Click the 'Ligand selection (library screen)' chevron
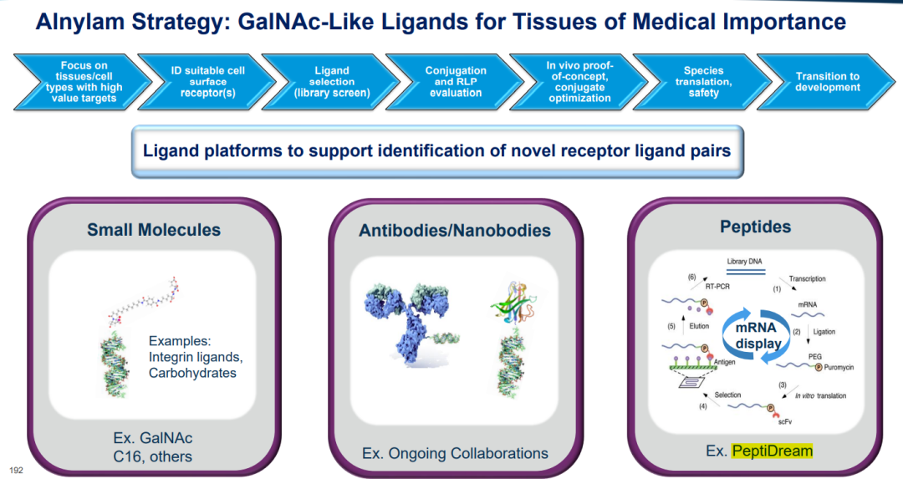click(x=331, y=82)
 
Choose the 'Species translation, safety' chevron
click(x=703, y=82)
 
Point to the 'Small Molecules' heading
click(x=154, y=230)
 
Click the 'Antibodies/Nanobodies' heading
click(x=454, y=230)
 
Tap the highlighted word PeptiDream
click(x=772, y=451)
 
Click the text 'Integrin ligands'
click(x=195, y=357)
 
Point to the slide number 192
click(x=16, y=470)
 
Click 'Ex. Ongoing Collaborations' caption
click(x=455, y=453)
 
